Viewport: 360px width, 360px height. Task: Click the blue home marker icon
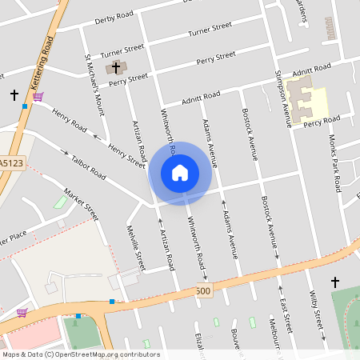[180, 172]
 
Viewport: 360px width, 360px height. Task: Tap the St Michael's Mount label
[94, 84]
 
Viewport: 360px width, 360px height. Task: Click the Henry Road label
[69, 122]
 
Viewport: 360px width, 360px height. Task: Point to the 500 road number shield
[202, 292]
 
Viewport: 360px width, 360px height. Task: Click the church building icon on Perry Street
[116, 67]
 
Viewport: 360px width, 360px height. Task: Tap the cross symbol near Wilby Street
[334, 282]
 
